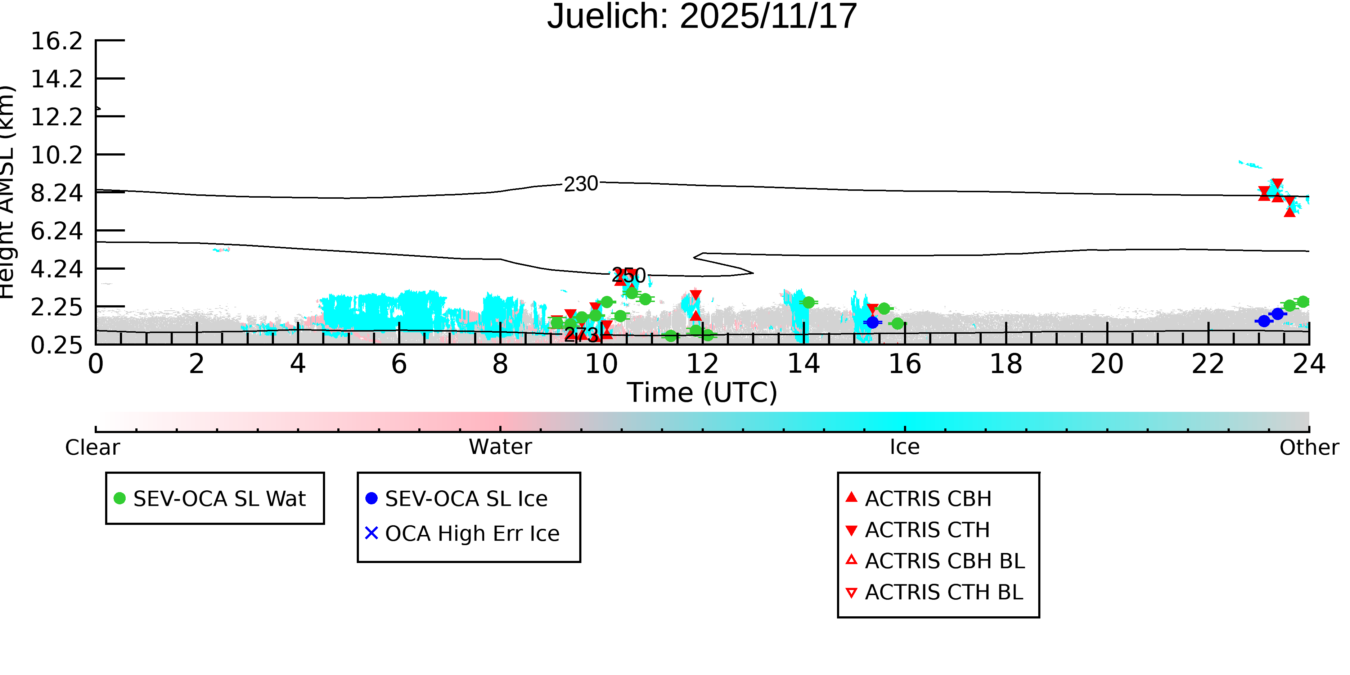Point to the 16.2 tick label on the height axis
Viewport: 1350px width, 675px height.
pyautogui.click(x=57, y=41)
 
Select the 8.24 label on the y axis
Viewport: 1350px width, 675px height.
pyautogui.click(x=57, y=193)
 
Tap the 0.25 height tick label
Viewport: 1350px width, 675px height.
pyautogui.click(x=57, y=345)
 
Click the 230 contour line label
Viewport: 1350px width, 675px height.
pyautogui.click(x=581, y=184)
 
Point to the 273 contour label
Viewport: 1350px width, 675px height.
pyautogui.click(x=581, y=334)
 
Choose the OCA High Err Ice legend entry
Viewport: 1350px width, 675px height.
pyautogui.click(x=472, y=534)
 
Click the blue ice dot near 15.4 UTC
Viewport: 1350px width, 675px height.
pyautogui.click(x=872, y=322)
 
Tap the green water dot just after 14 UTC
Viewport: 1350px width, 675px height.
pyautogui.click(x=808, y=302)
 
